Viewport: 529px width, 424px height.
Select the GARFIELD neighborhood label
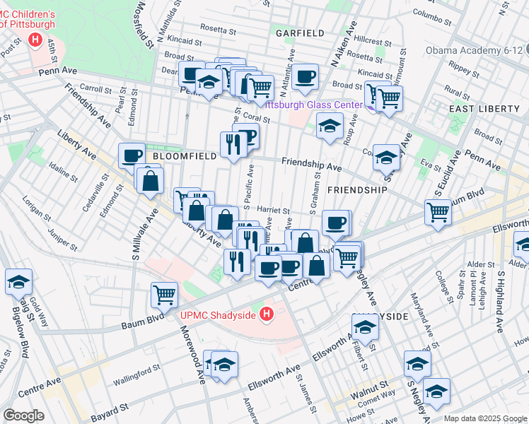pyautogui.click(x=300, y=33)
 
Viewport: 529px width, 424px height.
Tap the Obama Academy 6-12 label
pyautogui.click(x=477, y=50)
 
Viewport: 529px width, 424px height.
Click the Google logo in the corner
pyautogui.click(x=23, y=415)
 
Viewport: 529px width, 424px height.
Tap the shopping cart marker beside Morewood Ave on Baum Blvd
pyautogui.click(x=164, y=295)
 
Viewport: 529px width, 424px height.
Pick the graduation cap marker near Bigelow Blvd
pyautogui.click(x=18, y=283)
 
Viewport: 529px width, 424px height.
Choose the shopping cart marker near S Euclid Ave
pyautogui.click(x=438, y=211)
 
